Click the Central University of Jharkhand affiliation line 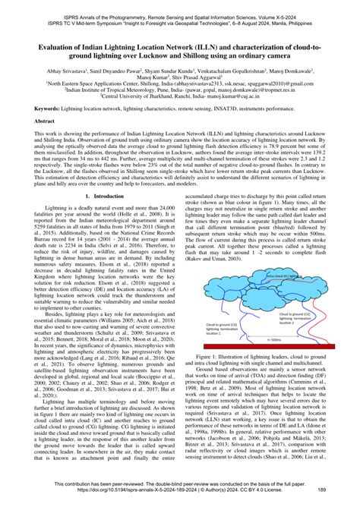(179, 97)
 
